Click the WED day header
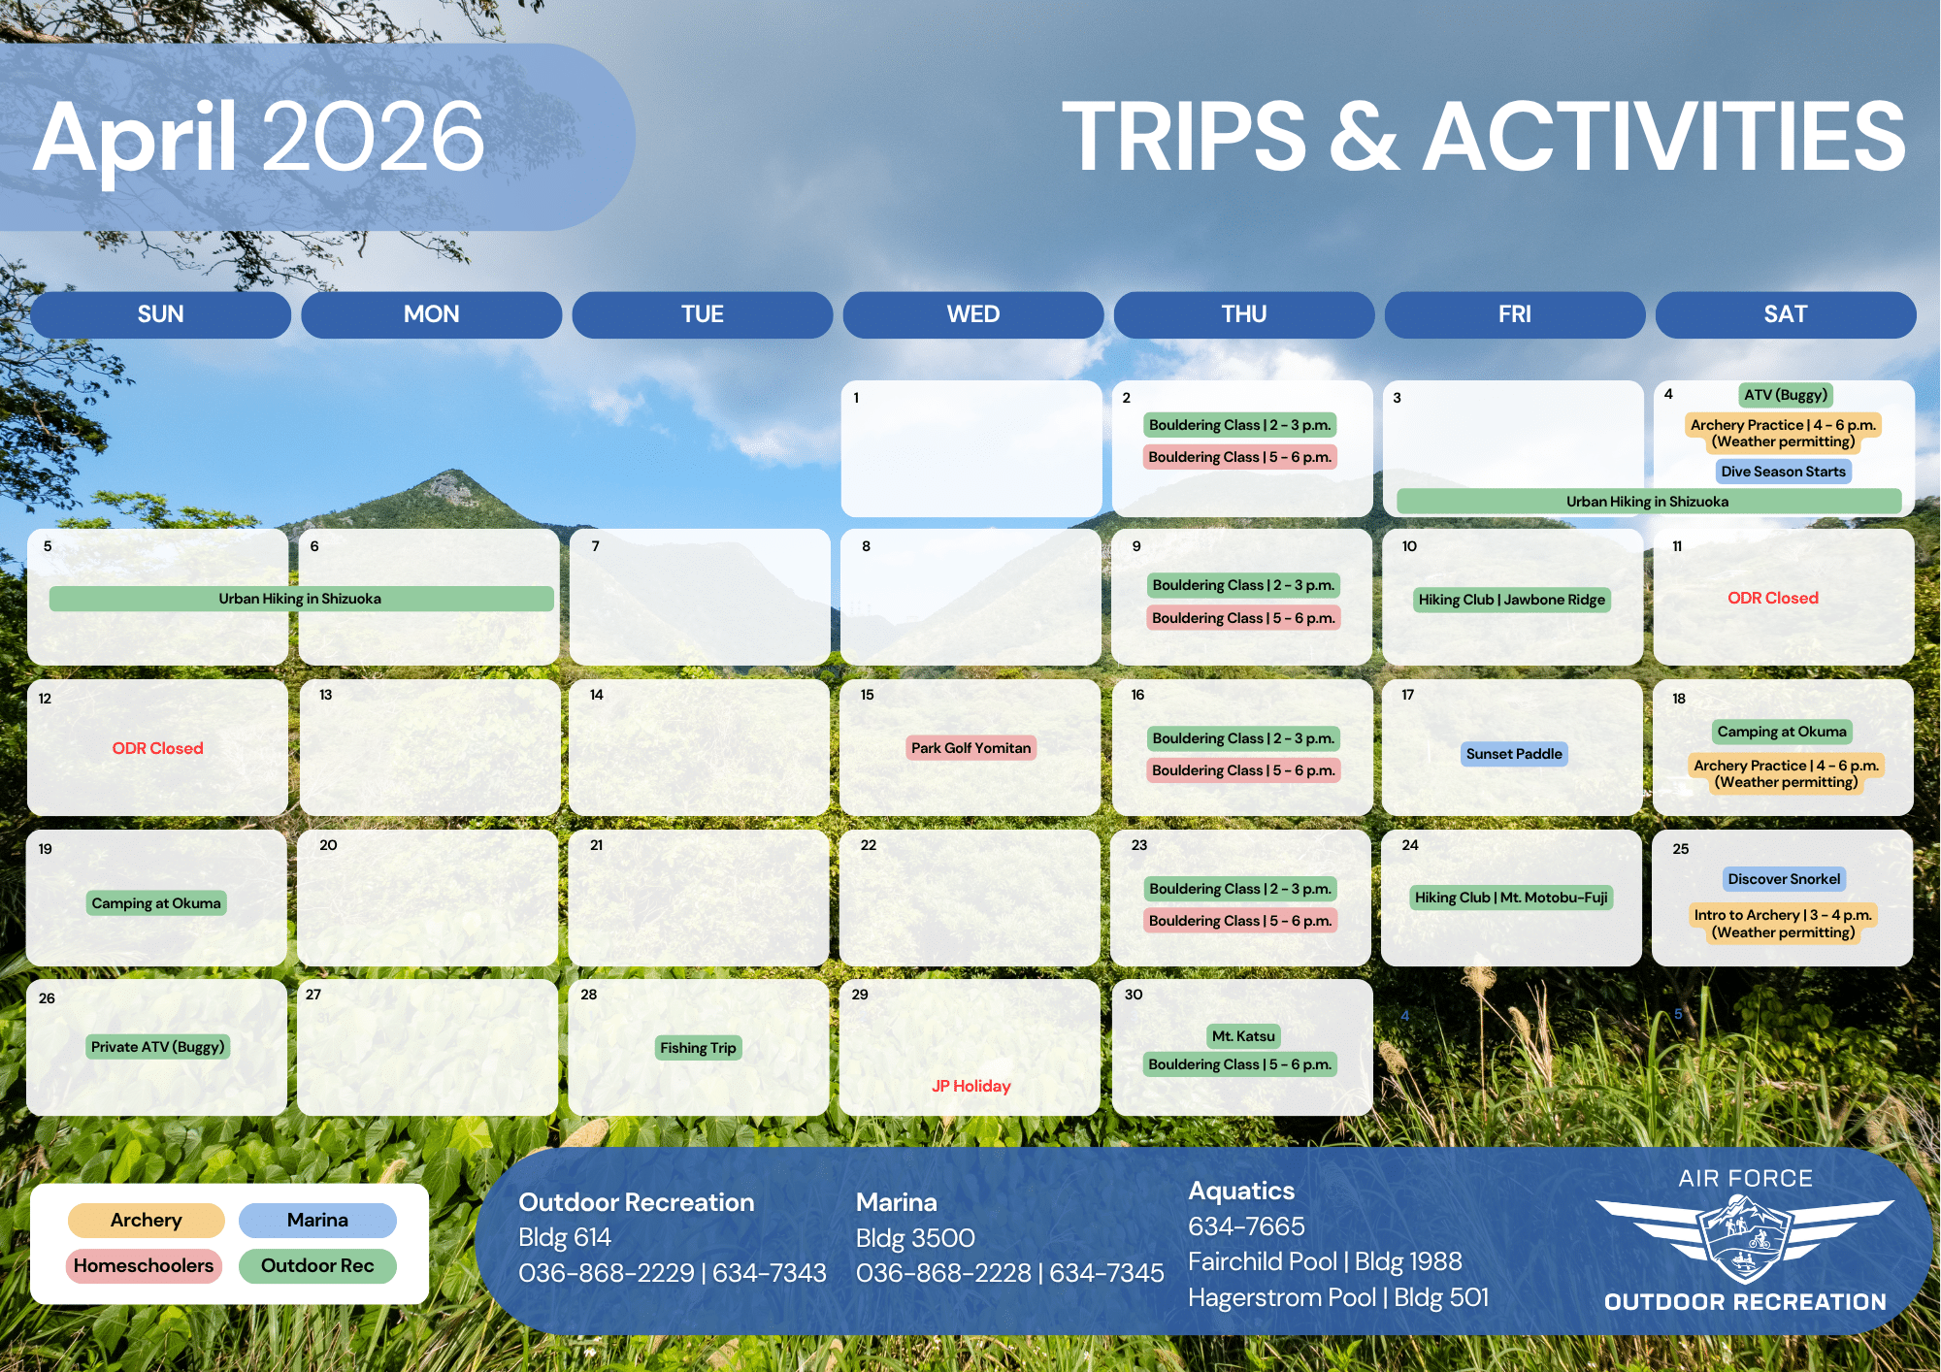tap(973, 314)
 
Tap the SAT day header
tap(1786, 314)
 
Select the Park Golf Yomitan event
tap(970, 748)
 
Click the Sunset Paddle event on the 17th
tap(1514, 754)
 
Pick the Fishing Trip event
tap(698, 1048)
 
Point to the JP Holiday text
tap(971, 1086)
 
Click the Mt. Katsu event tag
tap(1243, 1036)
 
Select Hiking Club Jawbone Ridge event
tap(1512, 600)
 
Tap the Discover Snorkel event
tap(1784, 879)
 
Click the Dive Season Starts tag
tap(1784, 472)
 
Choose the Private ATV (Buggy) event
tap(157, 1047)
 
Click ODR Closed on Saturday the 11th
tap(1773, 599)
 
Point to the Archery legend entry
tap(147, 1220)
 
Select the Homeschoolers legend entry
tap(144, 1265)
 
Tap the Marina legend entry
tap(317, 1220)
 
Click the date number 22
tap(869, 845)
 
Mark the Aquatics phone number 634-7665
tap(1246, 1226)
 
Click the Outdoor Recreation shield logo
tap(1744, 1239)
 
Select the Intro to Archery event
tap(1784, 924)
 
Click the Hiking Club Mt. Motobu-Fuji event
tap(1511, 898)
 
